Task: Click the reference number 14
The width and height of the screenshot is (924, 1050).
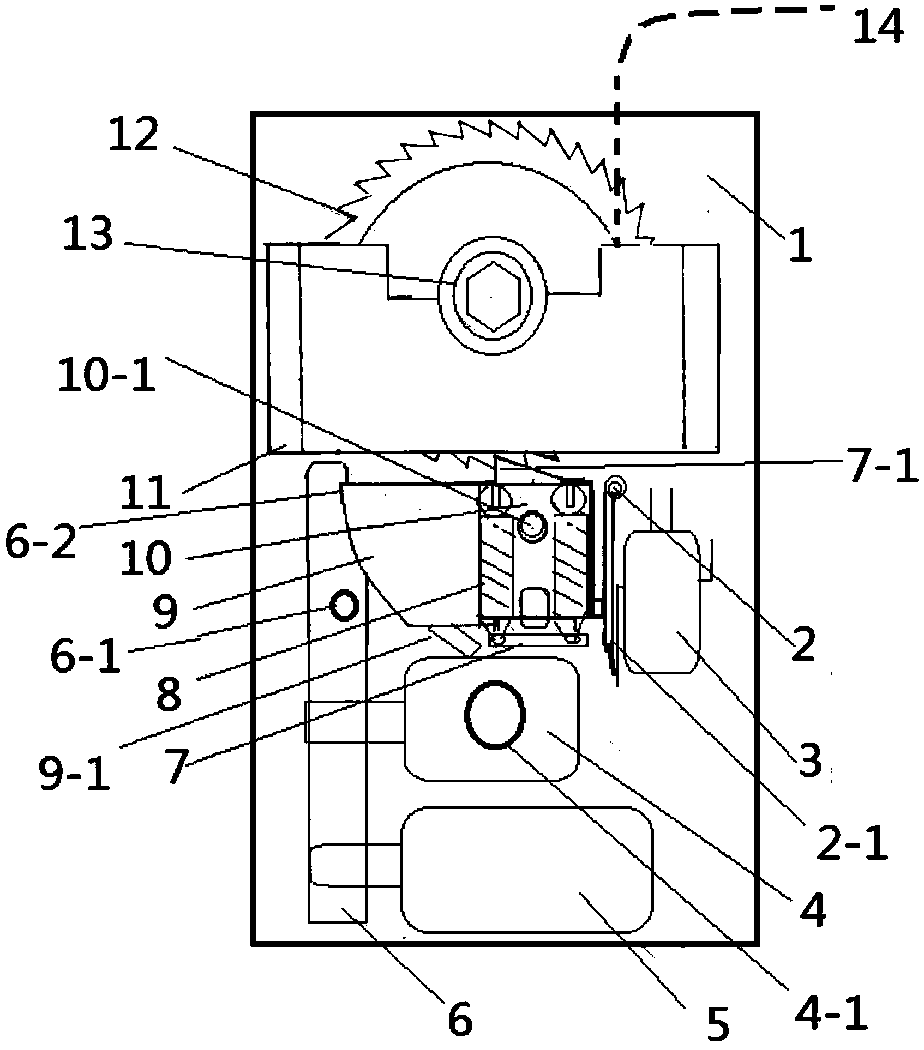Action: (878, 27)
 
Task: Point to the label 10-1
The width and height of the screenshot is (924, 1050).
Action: (107, 375)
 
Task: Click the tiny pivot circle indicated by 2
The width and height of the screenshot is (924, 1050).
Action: (616, 487)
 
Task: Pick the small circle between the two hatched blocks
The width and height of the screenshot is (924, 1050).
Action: (532, 526)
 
